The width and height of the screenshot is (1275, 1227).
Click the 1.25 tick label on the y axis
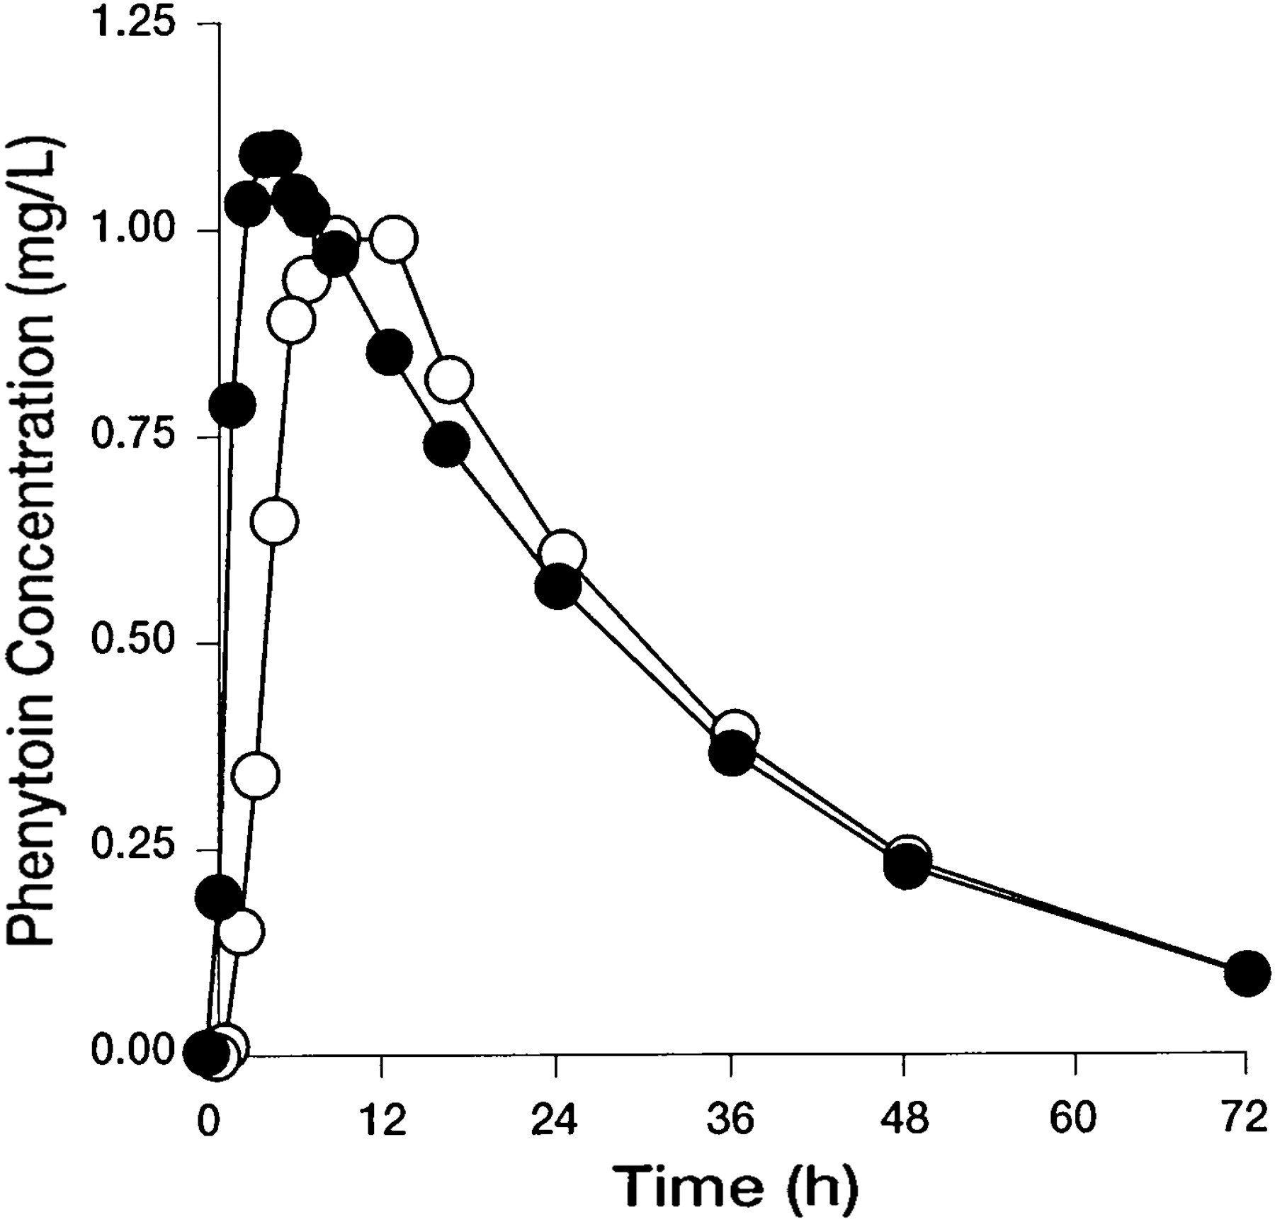pos(135,24)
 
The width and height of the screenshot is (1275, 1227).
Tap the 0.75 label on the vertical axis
pos(135,436)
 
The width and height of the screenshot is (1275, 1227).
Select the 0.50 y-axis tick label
pos(135,643)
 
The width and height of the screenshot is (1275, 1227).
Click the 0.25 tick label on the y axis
pos(135,849)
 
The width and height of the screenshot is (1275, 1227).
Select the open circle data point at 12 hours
pos(394,239)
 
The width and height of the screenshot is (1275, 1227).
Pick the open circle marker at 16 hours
pos(449,380)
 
